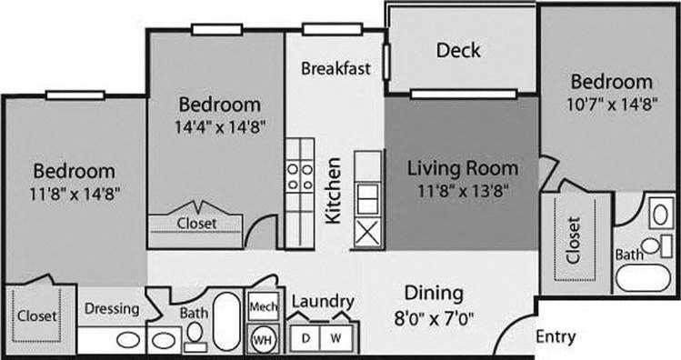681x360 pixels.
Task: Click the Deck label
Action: click(458, 50)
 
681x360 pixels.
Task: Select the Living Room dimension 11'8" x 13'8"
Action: click(462, 191)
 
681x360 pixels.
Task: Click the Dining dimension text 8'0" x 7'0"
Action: click(434, 319)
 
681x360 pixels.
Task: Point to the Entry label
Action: click(555, 337)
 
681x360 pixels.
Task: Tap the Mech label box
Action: click(263, 307)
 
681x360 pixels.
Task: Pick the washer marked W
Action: click(335, 337)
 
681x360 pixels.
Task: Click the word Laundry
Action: click(322, 302)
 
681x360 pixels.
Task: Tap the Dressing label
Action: click(111, 309)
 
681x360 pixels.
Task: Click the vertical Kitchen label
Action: click(334, 191)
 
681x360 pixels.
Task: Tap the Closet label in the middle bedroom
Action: click(196, 222)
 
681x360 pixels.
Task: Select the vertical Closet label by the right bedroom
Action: click(574, 239)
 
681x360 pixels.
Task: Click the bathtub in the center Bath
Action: click(227, 318)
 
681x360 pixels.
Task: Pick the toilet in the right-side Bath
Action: click(650, 245)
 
